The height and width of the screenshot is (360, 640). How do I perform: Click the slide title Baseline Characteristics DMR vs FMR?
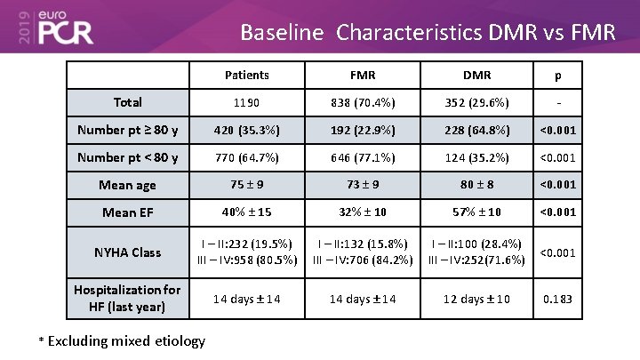(x=428, y=34)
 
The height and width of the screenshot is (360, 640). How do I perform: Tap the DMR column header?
(x=477, y=76)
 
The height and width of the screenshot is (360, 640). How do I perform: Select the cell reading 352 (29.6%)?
(x=477, y=102)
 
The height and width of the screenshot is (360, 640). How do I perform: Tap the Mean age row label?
(x=128, y=185)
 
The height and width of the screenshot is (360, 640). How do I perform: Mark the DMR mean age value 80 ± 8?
(x=477, y=185)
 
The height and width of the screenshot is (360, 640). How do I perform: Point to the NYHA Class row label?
(x=128, y=252)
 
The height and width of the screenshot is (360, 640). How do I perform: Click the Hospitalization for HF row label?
(x=128, y=298)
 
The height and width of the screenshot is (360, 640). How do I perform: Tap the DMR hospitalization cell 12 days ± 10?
(x=477, y=299)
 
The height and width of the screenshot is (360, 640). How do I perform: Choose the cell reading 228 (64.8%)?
(x=477, y=131)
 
